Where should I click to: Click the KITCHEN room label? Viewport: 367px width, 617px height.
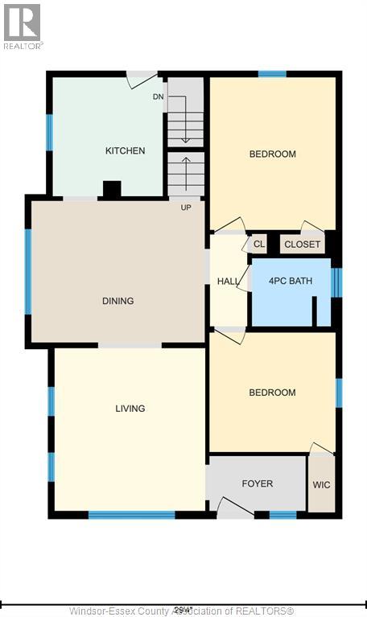point(125,150)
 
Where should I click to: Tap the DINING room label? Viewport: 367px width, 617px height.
point(118,301)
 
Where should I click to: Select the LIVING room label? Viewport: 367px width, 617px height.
point(130,409)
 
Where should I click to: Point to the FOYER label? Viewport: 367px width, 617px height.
point(257,483)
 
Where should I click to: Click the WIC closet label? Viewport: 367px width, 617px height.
point(321,485)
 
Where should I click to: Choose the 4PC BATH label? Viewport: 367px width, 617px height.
point(291,282)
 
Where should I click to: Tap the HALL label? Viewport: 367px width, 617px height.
point(228,281)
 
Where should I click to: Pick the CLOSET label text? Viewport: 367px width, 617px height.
point(302,245)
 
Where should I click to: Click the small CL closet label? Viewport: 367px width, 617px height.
point(258,244)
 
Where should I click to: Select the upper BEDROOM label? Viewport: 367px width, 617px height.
point(272,154)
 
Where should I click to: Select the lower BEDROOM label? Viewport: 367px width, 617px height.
point(272,393)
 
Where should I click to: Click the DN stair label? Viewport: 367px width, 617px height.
point(159,97)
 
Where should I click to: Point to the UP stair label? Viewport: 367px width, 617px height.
point(186,207)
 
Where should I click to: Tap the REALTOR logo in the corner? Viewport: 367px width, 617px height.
point(23,25)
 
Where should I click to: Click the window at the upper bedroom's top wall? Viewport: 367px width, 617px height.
point(272,74)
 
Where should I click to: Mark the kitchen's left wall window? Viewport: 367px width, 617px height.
point(50,133)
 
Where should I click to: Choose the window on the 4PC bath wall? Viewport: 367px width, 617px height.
point(336,282)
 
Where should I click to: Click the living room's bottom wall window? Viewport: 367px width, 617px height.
point(131,515)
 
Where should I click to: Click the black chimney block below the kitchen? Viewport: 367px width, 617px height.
point(112,189)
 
